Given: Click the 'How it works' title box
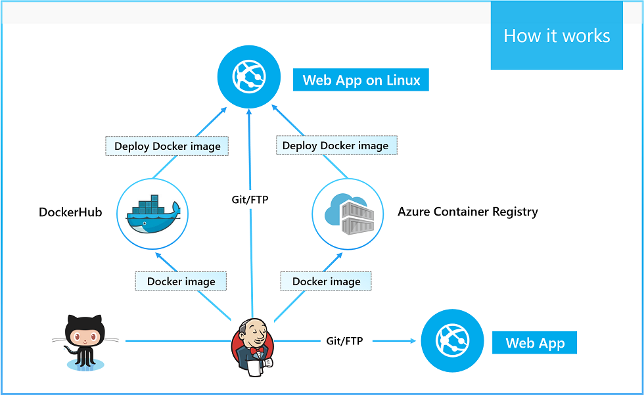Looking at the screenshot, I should pyautogui.click(x=556, y=35).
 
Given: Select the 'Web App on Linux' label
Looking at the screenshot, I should pyautogui.click(x=361, y=81).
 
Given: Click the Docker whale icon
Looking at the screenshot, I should pyautogui.click(x=152, y=213).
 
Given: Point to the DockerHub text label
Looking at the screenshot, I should pyautogui.click(x=70, y=212).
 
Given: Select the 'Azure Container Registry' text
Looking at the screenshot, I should pyautogui.click(x=467, y=212).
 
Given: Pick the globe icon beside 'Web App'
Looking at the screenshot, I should pyautogui.click(x=451, y=341).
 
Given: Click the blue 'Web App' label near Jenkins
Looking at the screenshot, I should pyautogui.click(x=534, y=343).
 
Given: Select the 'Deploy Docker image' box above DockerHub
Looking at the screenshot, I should pyautogui.click(x=167, y=146).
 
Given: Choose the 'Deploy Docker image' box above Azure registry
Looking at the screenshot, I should pyautogui.click(x=336, y=145).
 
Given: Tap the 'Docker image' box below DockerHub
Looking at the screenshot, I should pyautogui.click(x=181, y=281).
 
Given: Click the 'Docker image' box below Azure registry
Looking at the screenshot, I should pyautogui.click(x=326, y=281).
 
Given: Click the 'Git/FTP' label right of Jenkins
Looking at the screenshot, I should pyautogui.click(x=344, y=341).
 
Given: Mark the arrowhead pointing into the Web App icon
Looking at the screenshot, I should pyautogui.click(x=413, y=341).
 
